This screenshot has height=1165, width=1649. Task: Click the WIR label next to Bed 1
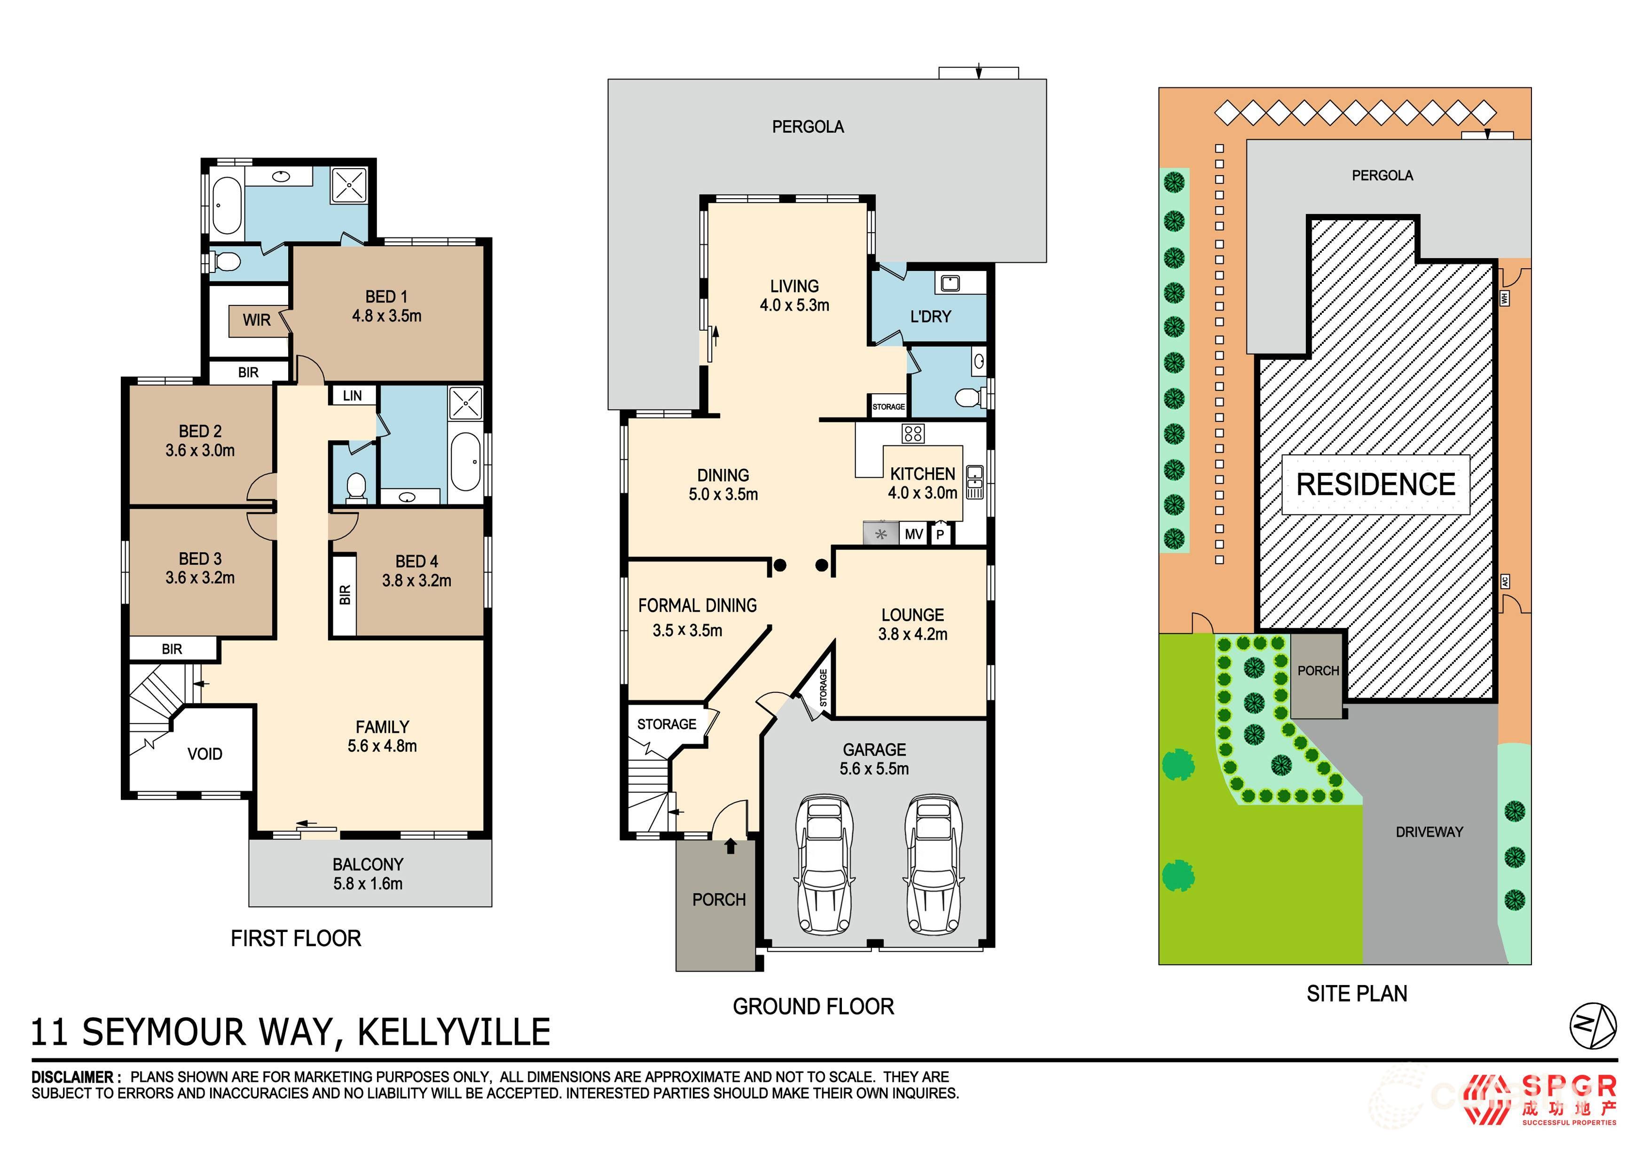click(256, 320)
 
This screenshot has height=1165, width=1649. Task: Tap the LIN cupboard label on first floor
click(352, 396)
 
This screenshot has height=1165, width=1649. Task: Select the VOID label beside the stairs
click(204, 753)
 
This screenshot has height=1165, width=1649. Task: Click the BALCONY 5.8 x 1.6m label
click(368, 874)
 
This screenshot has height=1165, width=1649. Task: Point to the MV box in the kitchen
click(913, 534)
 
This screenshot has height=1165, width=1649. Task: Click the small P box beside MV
click(939, 535)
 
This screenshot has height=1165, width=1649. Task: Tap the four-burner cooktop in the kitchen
click(913, 433)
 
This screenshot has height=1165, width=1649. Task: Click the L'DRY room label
click(930, 317)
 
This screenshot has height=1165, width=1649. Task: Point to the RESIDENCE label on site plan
click(1375, 484)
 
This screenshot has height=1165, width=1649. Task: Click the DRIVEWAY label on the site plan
click(1429, 832)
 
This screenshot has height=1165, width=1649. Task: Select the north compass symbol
click(1593, 1026)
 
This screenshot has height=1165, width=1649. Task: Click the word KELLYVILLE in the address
click(454, 1032)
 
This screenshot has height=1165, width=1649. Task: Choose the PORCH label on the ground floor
click(719, 900)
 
